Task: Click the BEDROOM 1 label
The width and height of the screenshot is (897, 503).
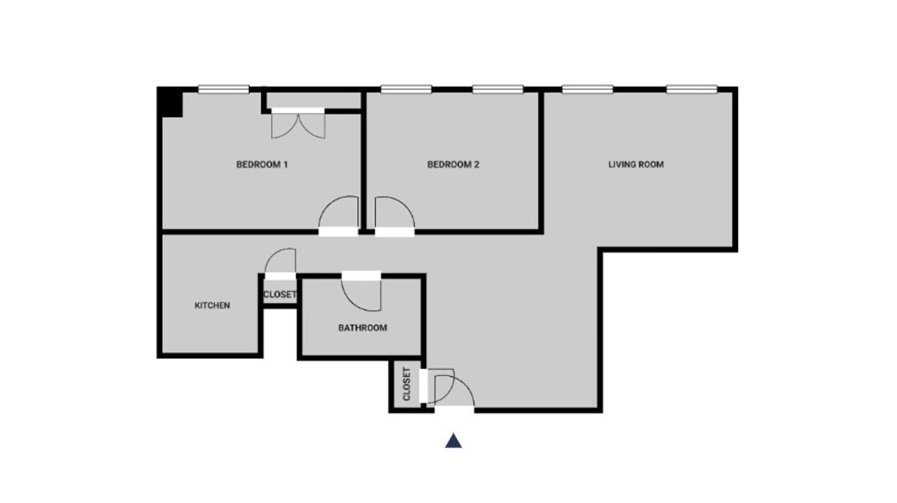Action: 261,165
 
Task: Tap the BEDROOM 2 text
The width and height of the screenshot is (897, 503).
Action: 453,165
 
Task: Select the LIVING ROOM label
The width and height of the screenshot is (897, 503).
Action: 636,165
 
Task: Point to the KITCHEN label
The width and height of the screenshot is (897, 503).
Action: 212,305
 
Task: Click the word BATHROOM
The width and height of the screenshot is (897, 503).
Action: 362,328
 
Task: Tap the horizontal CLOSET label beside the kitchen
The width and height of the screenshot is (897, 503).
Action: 279,294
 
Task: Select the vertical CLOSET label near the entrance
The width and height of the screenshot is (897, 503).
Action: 406,384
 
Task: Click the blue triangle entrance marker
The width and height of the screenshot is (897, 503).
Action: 453,441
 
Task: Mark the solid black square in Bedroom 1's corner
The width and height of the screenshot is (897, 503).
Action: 171,103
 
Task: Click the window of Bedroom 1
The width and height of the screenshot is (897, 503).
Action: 223,90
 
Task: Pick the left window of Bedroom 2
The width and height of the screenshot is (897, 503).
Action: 405,90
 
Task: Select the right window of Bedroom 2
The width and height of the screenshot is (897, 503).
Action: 497,90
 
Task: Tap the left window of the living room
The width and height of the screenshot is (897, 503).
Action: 587,90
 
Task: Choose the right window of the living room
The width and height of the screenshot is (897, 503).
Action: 692,90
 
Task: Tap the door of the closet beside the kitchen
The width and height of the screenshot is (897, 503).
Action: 281,263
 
